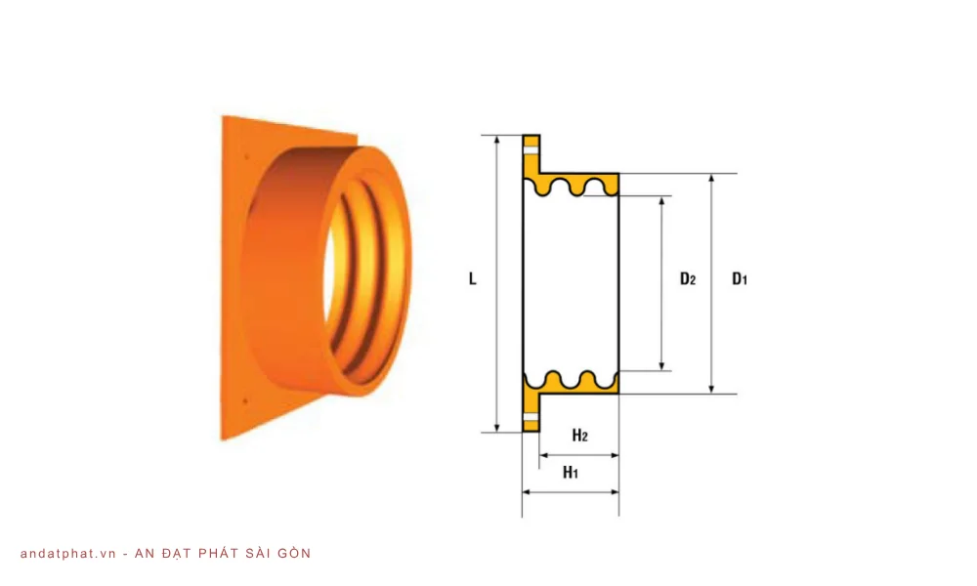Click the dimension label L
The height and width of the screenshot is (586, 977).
pos(473,278)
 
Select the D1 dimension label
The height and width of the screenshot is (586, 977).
pos(740,279)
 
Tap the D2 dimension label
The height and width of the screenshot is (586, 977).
pos(688,279)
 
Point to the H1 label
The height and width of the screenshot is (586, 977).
pos(572,473)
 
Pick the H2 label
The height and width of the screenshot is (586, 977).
pos(579,436)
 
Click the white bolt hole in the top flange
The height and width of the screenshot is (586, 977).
pos(531,150)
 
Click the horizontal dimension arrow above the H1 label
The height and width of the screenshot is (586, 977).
pos(571,491)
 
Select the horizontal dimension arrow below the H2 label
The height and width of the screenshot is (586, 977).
pos(579,454)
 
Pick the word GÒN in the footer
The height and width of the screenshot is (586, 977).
pos(292,554)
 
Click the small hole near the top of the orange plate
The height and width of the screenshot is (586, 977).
pos(246,154)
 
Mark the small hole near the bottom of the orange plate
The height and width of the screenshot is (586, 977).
pos(244,398)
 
